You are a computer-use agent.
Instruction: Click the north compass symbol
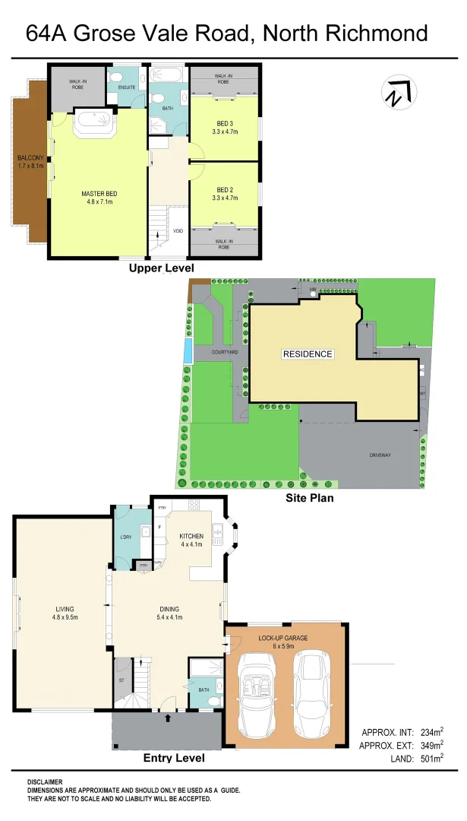tap(396, 94)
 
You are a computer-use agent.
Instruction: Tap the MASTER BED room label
tap(99, 194)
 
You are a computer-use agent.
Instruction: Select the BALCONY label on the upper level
tap(31, 158)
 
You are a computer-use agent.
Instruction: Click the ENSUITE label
tap(126, 88)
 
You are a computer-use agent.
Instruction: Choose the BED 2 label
tap(225, 190)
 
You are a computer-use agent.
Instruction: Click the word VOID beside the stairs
tap(178, 231)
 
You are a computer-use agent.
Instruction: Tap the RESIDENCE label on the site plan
tap(308, 354)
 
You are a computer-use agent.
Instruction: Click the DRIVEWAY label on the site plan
tap(380, 455)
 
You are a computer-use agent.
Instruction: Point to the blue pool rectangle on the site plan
tap(187, 351)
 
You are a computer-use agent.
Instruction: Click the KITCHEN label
tap(192, 537)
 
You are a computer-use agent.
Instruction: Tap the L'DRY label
tap(127, 537)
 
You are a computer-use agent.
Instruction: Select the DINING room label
tap(169, 609)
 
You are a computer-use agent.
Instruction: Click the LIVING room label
tap(65, 609)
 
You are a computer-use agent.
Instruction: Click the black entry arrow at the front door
tap(168, 716)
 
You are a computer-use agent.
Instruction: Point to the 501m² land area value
tap(429, 759)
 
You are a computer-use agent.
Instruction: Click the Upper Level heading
tap(161, 268)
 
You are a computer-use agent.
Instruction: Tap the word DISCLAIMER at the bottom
tap(45, 782)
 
